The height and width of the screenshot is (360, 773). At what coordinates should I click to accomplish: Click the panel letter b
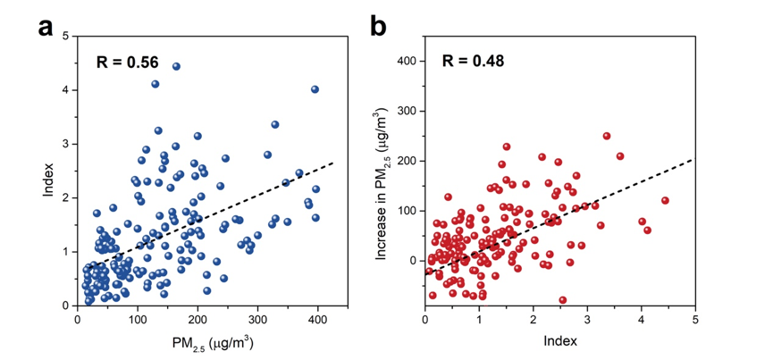pos(379,28)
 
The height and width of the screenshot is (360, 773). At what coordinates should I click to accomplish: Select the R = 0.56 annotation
pos(128,63)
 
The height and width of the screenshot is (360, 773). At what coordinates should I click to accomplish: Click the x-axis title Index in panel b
pos(559,339)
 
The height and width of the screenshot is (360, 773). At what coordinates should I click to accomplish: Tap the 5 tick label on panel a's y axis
pos(65,36)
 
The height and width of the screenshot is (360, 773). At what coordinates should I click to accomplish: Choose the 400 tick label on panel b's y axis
pos(408,61)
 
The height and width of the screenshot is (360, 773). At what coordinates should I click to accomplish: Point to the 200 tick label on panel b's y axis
pos(408,161)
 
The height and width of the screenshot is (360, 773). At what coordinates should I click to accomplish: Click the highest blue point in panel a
pos(176,66)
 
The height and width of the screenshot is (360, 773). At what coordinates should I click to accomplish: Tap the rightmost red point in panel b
pos(665,200)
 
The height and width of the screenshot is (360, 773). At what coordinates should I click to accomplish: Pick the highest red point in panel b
pos(607,136)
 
